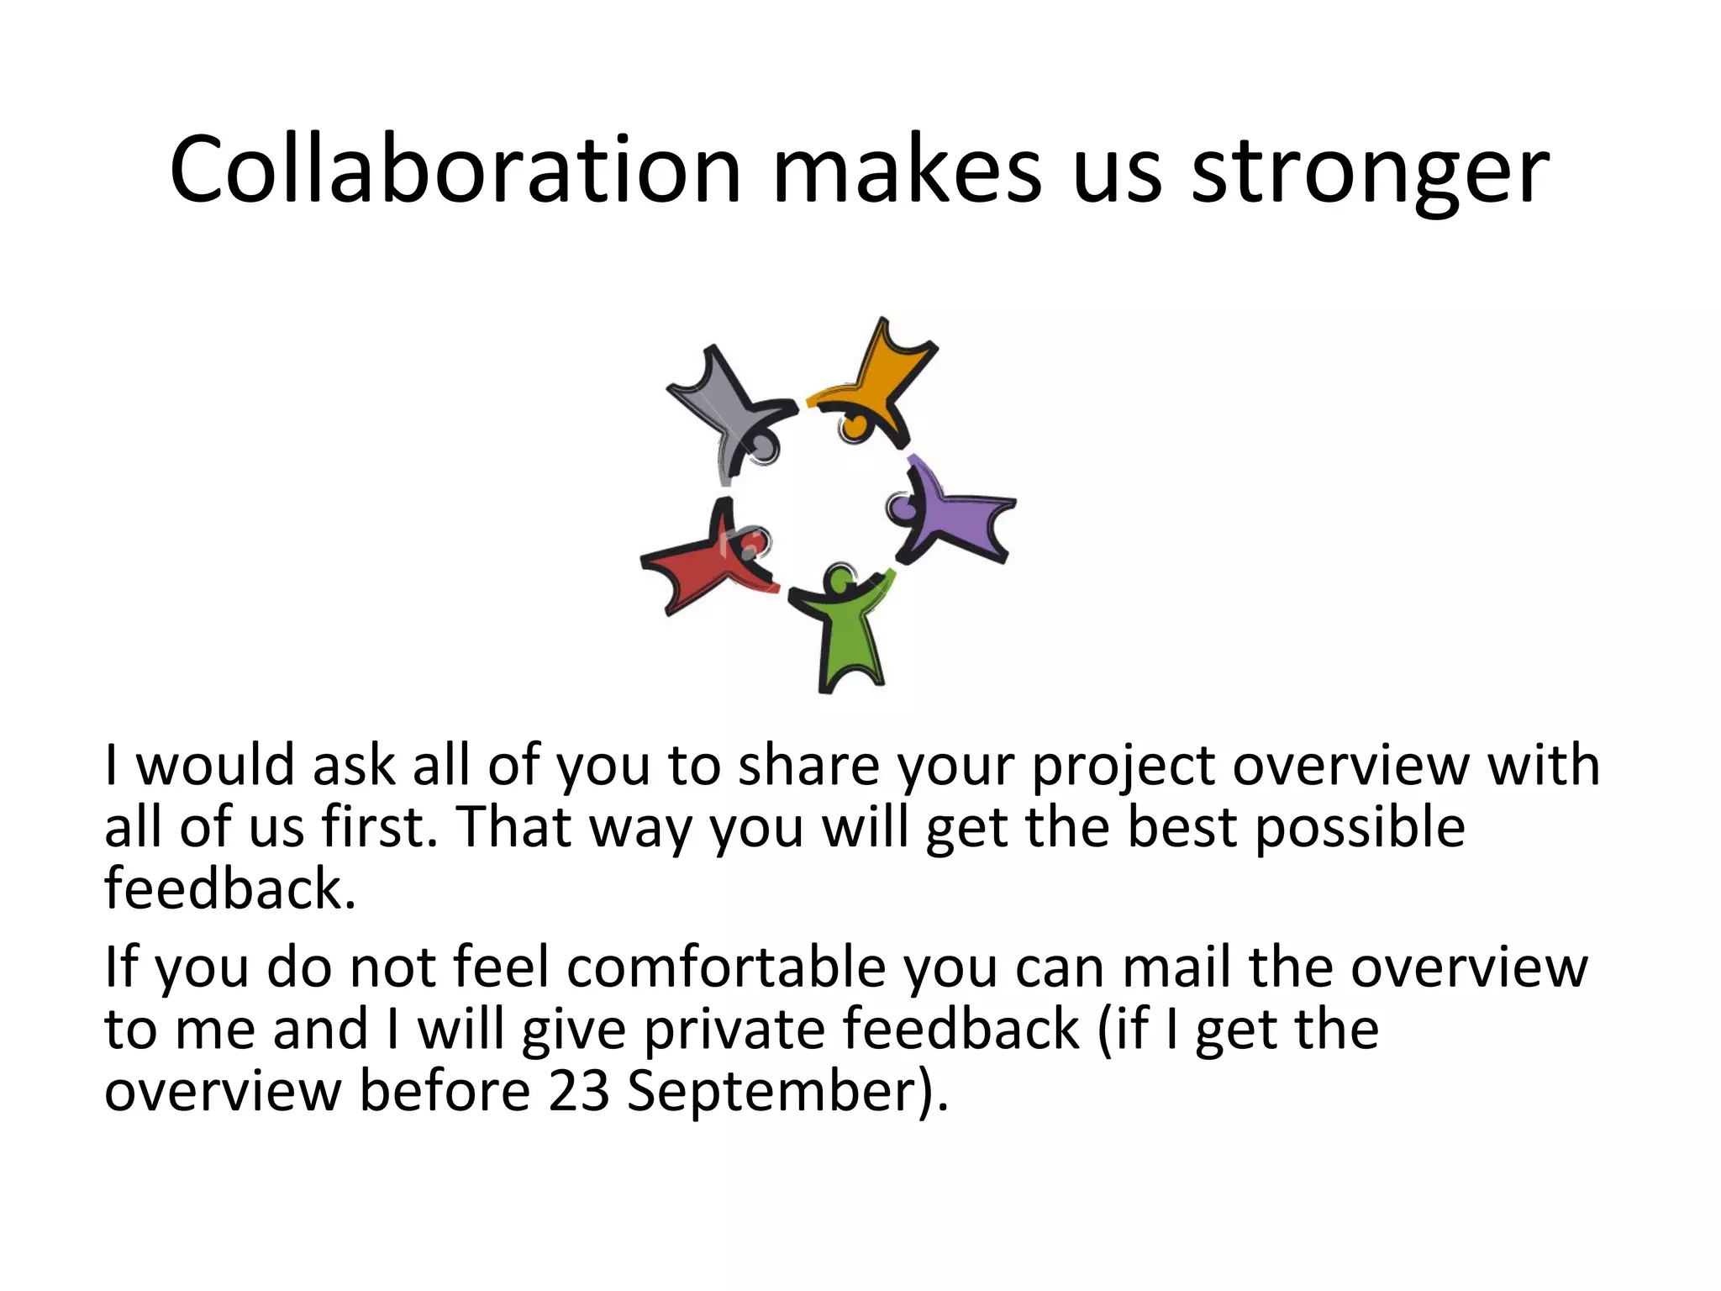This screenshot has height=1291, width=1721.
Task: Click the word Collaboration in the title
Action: [x=455, y=171]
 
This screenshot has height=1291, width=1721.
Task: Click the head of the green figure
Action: [x=839, y=579]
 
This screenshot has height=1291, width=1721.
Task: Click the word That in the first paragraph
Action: [x=513, y=827]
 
